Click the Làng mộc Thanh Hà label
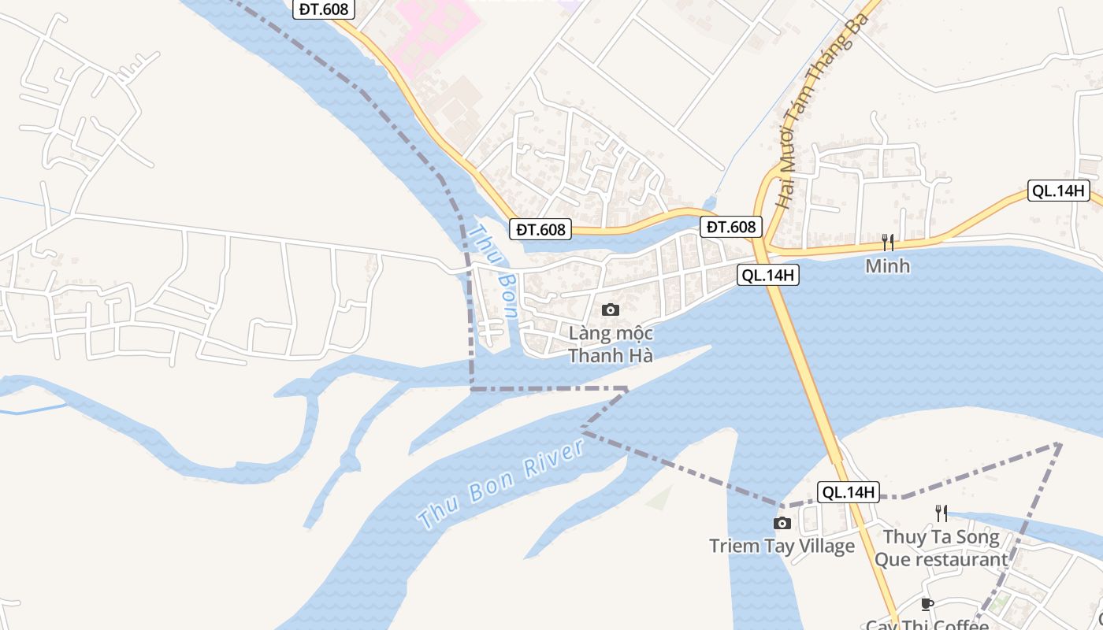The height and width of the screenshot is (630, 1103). coord(611,345)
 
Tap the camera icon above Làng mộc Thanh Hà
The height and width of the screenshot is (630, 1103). coord(611,310)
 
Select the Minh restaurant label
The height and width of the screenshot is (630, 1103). coord(887,266)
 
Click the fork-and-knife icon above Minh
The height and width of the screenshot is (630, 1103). coord(887,242)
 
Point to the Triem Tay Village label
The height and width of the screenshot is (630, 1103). coord(782,546)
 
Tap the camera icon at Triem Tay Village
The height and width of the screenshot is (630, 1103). coord(782,524)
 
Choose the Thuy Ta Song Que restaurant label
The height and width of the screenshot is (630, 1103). coord(941,549)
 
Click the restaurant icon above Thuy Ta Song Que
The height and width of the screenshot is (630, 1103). coord(941,513)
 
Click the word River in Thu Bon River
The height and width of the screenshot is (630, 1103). coord(555,460)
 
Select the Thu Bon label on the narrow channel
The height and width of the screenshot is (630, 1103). coord(493,272)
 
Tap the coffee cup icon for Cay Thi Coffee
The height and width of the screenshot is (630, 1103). coord(927,605)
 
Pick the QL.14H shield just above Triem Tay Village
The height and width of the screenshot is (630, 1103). coord(847,492)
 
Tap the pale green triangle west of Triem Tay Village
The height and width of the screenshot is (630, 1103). coord(660,498)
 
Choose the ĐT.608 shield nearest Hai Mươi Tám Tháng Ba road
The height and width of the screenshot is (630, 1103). coord(731,227)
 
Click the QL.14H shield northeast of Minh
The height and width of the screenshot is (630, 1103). coord(1059,191)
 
